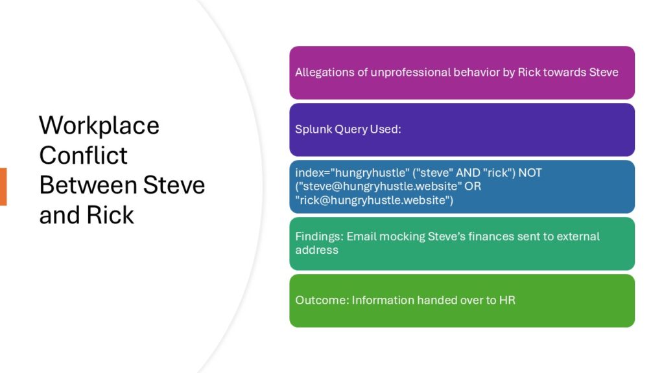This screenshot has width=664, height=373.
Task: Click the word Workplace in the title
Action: coord(99,126)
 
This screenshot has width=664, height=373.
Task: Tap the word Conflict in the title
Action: coord(83,155)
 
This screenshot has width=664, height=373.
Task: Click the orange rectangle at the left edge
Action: coord(3,186)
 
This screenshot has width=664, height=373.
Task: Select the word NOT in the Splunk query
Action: coord(530,172)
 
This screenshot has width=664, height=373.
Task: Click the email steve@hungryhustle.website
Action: coord(380,186)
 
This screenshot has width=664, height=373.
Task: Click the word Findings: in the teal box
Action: coord(319,236)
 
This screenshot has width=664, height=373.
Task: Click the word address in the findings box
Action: coord(316,250)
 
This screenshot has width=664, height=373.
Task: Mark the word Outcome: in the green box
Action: coord(322,300)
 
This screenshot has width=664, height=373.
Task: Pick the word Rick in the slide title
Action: coord(110,215)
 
